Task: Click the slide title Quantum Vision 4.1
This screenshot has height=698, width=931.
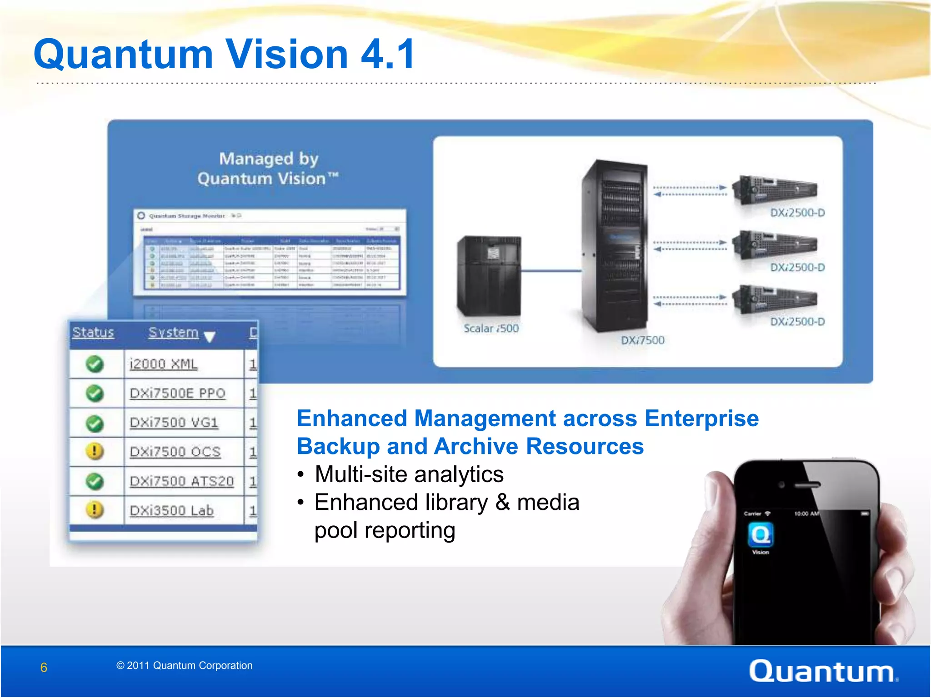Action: tap(224, 54)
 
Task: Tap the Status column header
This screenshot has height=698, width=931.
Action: tap(93, 333)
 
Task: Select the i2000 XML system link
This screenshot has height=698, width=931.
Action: tap(164, 364)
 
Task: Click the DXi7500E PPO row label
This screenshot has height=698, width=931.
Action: tap(178, 393)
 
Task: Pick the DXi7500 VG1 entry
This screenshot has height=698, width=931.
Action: tap(174, 423)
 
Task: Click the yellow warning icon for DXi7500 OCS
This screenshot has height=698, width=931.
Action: tap(95, 451)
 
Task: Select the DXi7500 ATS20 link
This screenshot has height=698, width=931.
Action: tap(182, 481)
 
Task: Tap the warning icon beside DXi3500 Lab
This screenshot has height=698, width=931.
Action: tap(95, 510)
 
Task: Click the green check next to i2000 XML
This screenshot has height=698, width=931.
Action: tap(95, 364)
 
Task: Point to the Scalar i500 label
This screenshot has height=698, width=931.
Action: tap(491, 329)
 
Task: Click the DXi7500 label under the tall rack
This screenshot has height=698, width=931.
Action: tap(643, 340)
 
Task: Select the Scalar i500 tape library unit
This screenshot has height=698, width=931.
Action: tap(489, 275)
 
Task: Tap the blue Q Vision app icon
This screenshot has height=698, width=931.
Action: tap(761, 535)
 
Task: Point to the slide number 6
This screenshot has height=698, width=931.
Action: tap(44, 668)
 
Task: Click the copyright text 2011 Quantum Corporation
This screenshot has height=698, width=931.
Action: tap(185, 666)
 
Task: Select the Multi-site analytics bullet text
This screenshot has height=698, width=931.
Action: tap(409, 474)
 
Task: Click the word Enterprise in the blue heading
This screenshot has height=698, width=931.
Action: tap(701, 419)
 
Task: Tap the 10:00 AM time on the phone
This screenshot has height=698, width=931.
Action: tap(806, 514)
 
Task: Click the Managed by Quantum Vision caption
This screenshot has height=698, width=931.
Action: tap(268, 169)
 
